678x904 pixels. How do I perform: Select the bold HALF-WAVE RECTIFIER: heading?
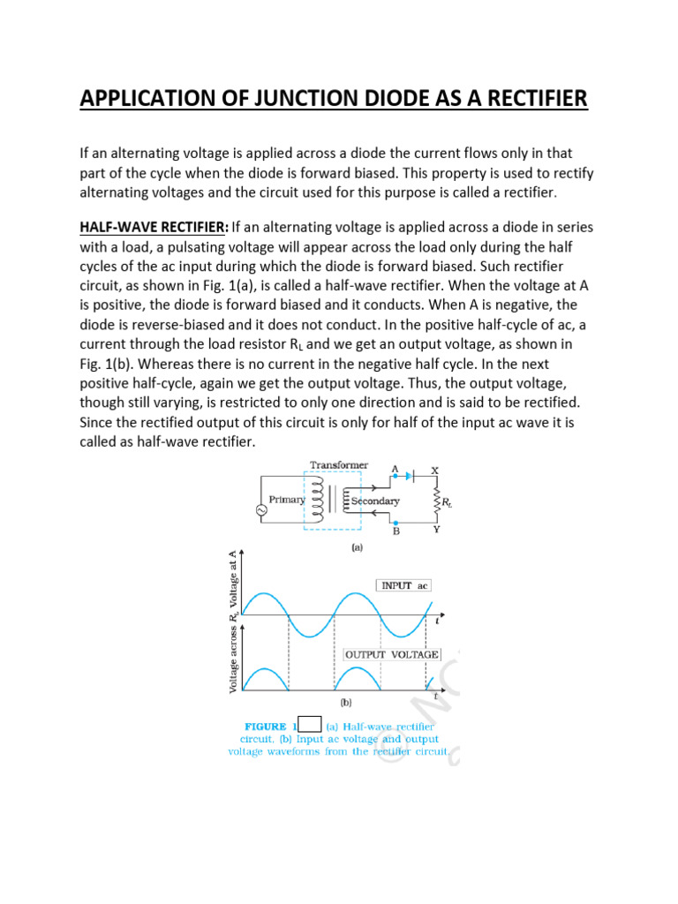click(154, 227)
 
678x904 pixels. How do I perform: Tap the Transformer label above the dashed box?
click(339, 464)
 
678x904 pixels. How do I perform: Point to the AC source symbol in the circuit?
click(260, 510)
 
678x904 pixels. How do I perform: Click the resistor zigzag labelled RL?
click(433, 501)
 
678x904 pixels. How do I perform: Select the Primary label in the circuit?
click(287, 500)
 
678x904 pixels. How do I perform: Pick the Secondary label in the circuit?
click(375, 501)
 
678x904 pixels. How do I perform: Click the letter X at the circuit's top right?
click(434, 469)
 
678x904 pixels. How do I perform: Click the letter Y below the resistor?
click(435, 531)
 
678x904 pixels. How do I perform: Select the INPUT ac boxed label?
click(403, 585)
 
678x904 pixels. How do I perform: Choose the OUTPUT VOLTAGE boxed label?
click(391, 654)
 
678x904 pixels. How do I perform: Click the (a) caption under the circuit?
click(358, 547)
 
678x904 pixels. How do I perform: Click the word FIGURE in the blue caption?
click(267, 726)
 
